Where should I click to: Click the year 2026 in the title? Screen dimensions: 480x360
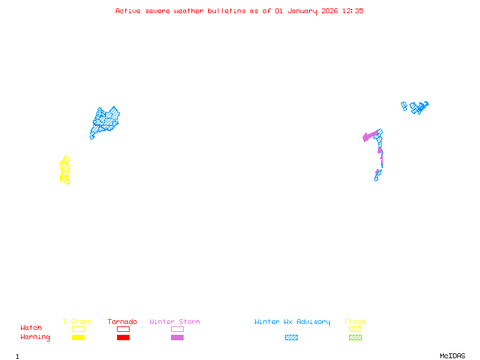tap(329, 11)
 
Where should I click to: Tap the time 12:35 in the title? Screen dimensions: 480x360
tap(353, 11)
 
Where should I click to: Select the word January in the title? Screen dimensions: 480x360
tap(302, 11)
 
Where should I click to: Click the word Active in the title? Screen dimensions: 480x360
tap(128, 11)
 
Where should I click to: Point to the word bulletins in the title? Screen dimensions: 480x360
tap(227, 11)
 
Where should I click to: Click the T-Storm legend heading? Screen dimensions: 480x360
tap(77, 322)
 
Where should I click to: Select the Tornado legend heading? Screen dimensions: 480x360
tap(122, 322)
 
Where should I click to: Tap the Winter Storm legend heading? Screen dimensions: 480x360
tap(175, 322)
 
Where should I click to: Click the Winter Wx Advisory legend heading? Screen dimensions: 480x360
tap(292, 322)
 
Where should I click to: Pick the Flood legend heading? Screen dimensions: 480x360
tap(355, 322)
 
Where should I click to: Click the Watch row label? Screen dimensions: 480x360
tap(31, 328)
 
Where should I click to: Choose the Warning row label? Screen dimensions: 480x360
tap(35, 337)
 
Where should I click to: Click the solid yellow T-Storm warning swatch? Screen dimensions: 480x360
tap(79, 337)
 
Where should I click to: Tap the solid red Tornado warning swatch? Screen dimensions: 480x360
tap(124, 337)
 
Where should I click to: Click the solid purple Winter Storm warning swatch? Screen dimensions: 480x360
tap(177, 337)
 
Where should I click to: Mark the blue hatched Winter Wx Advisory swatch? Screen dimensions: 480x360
tap(291, 337)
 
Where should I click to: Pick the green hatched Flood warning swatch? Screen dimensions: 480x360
tap(355, 337)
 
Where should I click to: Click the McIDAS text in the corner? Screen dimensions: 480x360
tap(452, 356)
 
